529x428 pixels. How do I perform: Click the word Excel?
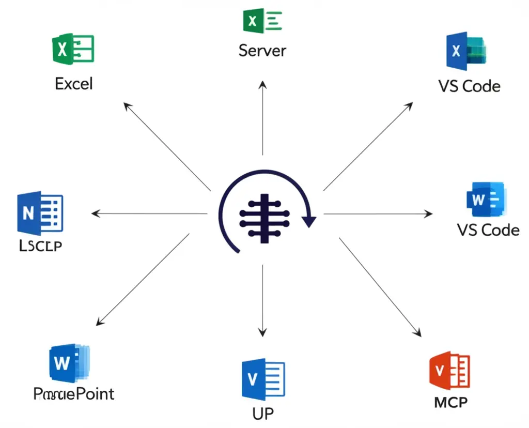(x=74, y=83)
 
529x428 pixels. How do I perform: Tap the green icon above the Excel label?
(x=73, y=49)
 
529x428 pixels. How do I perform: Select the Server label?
(x=262, y=50)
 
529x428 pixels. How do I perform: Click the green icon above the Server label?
(x=262, y=21)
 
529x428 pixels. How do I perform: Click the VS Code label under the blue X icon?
(x=469, y=86)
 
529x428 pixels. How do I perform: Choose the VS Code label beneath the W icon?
(x=488, y=229)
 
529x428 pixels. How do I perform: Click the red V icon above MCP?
(x=449, y=371)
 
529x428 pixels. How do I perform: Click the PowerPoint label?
(x=74, y=393)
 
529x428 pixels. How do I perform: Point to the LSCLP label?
(x=40, y=247)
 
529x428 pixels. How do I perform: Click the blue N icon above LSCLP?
(x=40, y=212)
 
